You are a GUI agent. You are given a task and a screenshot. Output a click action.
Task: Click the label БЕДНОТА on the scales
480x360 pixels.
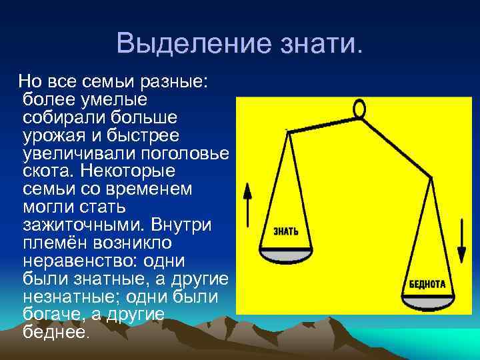click(427, 283)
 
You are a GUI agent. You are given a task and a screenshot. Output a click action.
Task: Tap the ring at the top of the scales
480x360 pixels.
click(359, 108)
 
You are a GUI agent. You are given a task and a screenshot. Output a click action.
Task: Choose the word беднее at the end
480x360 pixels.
click(55, 332)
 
